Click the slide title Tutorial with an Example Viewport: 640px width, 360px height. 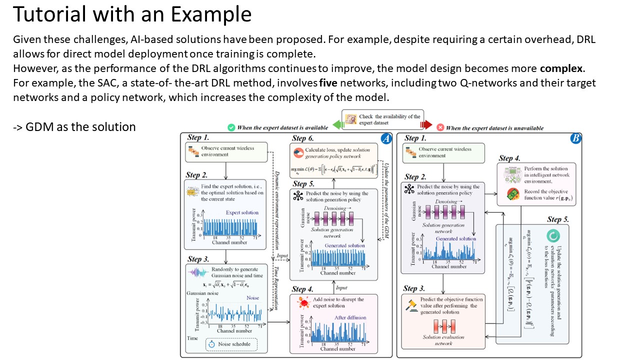(132, 15)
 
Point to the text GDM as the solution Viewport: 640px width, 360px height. (74, 127)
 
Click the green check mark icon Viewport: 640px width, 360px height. (231, 128)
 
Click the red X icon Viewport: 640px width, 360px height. (440, 128)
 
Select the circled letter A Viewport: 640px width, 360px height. (385, 139)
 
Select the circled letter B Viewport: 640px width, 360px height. (575, 138)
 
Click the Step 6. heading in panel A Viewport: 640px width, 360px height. (303, 138)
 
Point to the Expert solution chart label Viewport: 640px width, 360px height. (242, 212)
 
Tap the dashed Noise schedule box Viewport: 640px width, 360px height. (231, 344)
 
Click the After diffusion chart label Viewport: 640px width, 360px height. (350, 317)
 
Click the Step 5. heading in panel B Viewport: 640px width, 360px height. (557, 219)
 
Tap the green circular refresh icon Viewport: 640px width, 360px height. (553, 235)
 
